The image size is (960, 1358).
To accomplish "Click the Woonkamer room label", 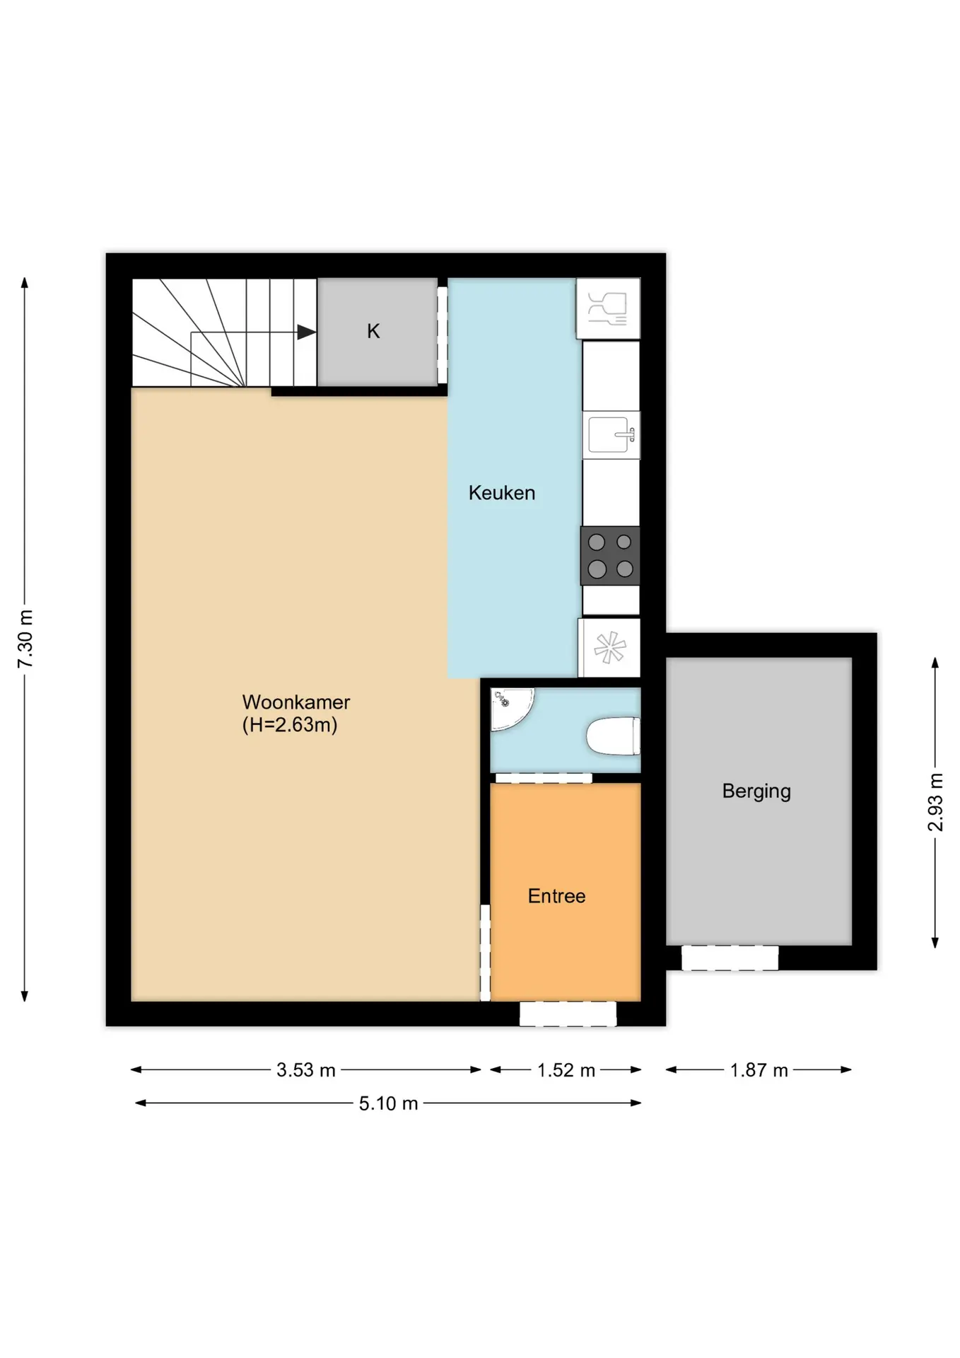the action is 296,702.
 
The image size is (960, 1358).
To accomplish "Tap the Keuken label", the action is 502,493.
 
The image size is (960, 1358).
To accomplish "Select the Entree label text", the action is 556,896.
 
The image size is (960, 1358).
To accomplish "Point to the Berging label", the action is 756,791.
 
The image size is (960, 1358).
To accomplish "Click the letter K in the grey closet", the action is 373,331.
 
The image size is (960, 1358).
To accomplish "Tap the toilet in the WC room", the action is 613,736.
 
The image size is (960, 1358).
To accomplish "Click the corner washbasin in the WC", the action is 510,707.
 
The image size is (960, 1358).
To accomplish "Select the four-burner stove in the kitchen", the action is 610,556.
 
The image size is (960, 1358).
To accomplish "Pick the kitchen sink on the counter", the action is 611,434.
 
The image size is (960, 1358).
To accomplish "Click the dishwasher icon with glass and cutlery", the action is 608,308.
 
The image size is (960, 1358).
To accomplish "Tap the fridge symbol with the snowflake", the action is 609,649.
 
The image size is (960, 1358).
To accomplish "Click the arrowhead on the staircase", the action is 306,332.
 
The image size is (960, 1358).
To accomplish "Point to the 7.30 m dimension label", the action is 25,639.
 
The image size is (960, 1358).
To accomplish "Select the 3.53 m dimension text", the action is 306,1070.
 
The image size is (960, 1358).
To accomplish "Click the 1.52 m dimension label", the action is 566,1070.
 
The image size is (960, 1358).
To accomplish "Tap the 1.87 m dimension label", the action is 759,1070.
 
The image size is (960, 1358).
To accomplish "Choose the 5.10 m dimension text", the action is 388,1103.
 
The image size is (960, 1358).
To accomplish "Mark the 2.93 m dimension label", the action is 935,803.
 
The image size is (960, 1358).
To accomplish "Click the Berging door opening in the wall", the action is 730,958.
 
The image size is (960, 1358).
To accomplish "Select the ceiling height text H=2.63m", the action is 290,725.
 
